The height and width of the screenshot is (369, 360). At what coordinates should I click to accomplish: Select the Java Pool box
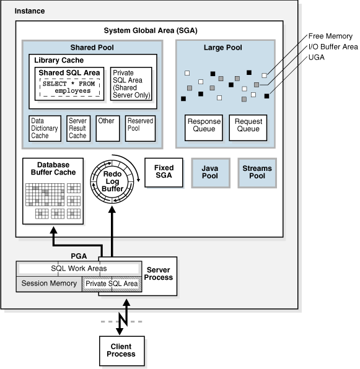coord(209,173)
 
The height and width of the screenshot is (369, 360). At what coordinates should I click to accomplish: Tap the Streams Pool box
coord(257,173)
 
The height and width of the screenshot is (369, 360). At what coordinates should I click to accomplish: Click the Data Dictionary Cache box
coord(45,128)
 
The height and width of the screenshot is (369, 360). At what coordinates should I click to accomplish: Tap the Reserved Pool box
coord(139,126)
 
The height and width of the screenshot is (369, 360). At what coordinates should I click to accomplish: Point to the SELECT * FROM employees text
coord(71,87)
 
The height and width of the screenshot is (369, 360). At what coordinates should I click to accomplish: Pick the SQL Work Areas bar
coord(79,269)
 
